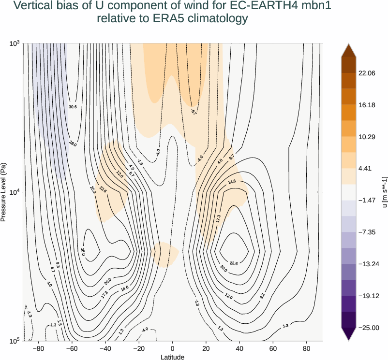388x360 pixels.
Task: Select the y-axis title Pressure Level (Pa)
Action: [x=4, y=192]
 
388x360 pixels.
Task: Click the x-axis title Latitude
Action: [x=173, y=357]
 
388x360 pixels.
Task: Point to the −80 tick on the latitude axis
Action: [x=38, y=348]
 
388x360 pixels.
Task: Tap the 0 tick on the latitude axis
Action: [x=173, y=348]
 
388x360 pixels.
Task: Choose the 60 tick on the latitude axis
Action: [x=273, y=348]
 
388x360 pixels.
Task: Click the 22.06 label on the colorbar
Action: [x=366, y=73]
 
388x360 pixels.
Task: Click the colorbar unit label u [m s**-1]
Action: [x=385, y=192]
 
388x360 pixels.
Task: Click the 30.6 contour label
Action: [x=73, y=107]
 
